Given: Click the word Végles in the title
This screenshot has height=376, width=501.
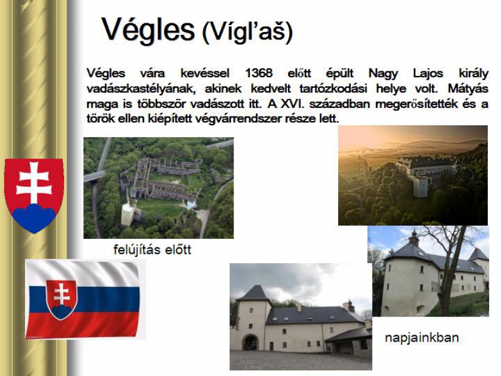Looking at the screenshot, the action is coord(148,30).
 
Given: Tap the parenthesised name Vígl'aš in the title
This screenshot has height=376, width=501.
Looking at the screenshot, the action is coord(247,32).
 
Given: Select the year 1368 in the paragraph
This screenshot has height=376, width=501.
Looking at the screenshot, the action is coord(259,73).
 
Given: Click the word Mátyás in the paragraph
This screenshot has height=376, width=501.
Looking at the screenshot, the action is coord(468,88).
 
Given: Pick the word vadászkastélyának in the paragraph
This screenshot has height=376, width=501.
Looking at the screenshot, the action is coord(141,88).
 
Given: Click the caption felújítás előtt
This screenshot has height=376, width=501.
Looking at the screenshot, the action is coord(152,249).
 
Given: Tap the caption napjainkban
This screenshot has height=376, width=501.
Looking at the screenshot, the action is coord(421,338).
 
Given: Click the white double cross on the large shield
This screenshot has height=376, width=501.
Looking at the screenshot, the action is coord(34,182).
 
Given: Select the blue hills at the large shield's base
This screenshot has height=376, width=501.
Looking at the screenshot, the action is coord(34,217).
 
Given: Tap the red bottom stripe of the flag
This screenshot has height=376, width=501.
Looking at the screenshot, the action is coord(83,325).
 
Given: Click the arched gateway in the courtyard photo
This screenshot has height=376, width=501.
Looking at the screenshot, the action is coord(250,342).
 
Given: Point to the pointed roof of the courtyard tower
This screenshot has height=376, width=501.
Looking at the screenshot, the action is coord(254,293).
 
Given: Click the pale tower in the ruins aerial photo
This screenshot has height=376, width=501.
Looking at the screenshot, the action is coord(127,214).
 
